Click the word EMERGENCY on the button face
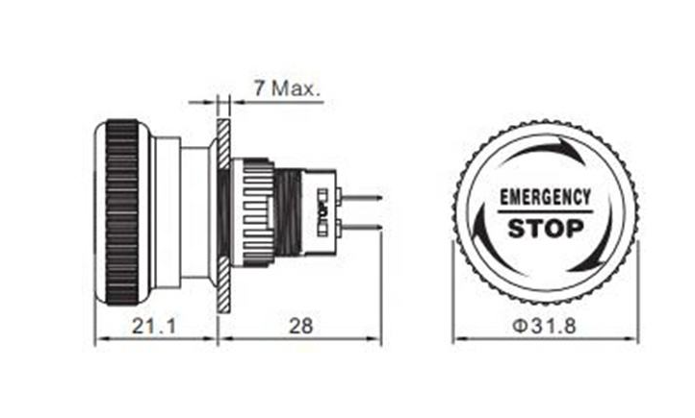click(x=545, y=197)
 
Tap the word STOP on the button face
click(x=545, y=229)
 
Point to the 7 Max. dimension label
click(x=287, y=87)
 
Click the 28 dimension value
click(x=300, y=326)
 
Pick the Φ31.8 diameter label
click(x=545, y=326)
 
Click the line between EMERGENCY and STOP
click(x=545, y=212)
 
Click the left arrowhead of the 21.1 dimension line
click(x=99, y=338)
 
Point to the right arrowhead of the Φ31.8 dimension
click(x=632, y=338)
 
